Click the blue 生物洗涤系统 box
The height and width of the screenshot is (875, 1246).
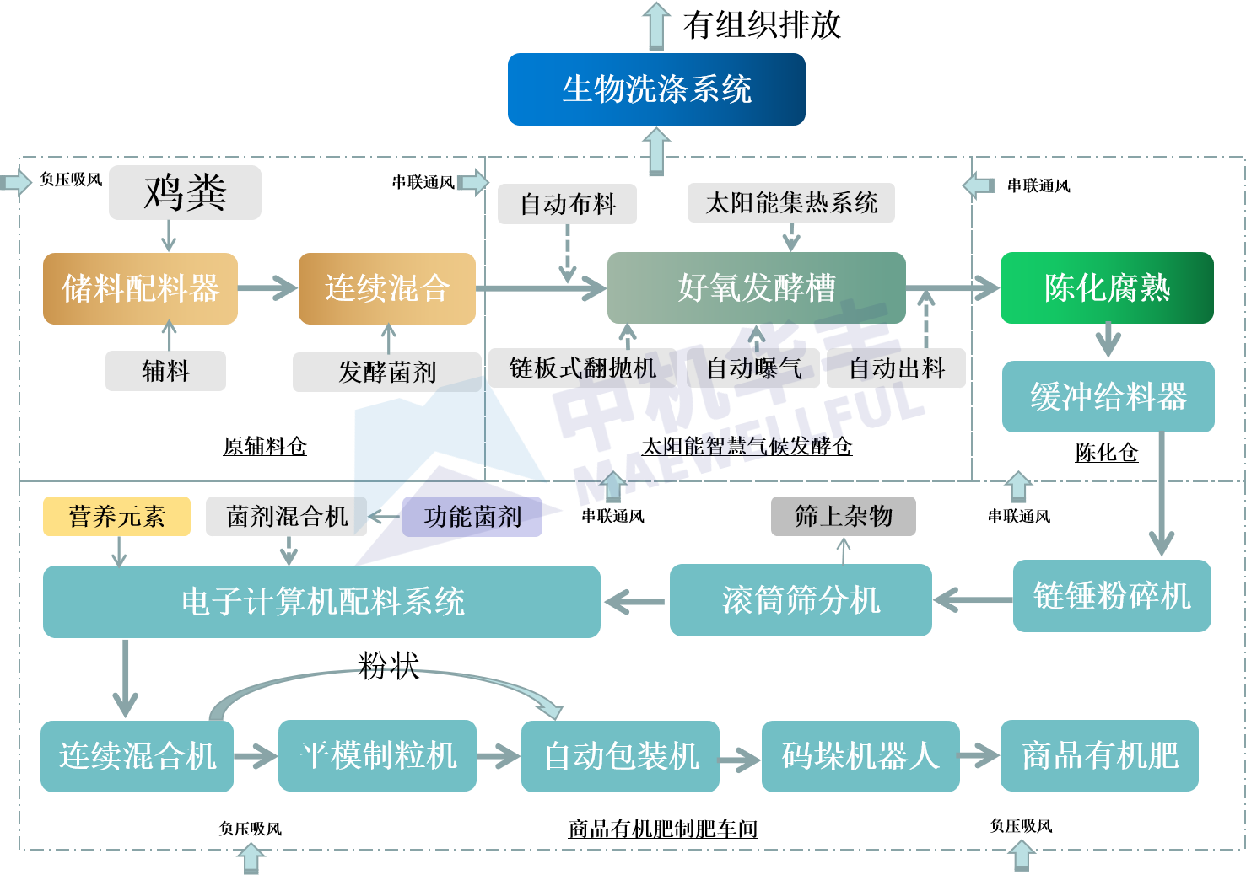pos(656,89)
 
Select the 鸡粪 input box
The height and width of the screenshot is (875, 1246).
pos(185,192)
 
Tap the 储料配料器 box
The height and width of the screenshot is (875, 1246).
pos(140,288)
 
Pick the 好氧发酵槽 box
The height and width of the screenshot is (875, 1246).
pos(757,288)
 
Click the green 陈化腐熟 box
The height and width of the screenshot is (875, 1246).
pos(1107,288)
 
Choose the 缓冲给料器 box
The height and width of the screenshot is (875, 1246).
pos(1108,396)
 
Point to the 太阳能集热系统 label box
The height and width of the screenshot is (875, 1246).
pos(791,203)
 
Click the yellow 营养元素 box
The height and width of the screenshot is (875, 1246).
pos(116,517)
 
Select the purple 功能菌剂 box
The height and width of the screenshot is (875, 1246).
pos(472,517)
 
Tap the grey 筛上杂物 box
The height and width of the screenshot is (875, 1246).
pos(844,517)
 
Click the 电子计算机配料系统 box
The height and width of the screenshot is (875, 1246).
pos(321,602)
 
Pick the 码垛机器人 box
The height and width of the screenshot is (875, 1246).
pos(860,756)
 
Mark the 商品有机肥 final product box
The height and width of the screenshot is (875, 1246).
pos(1100,756)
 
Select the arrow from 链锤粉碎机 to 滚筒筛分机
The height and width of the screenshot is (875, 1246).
pos(973,600)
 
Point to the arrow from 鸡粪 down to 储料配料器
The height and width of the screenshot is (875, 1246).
pos(169,236)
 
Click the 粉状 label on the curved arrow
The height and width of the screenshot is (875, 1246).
pos(388,665)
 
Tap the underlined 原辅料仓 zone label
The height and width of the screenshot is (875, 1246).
pos(265,447)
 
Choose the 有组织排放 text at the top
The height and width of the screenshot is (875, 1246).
pos(762,25)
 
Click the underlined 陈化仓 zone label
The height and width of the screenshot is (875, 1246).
pos(1106,453)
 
